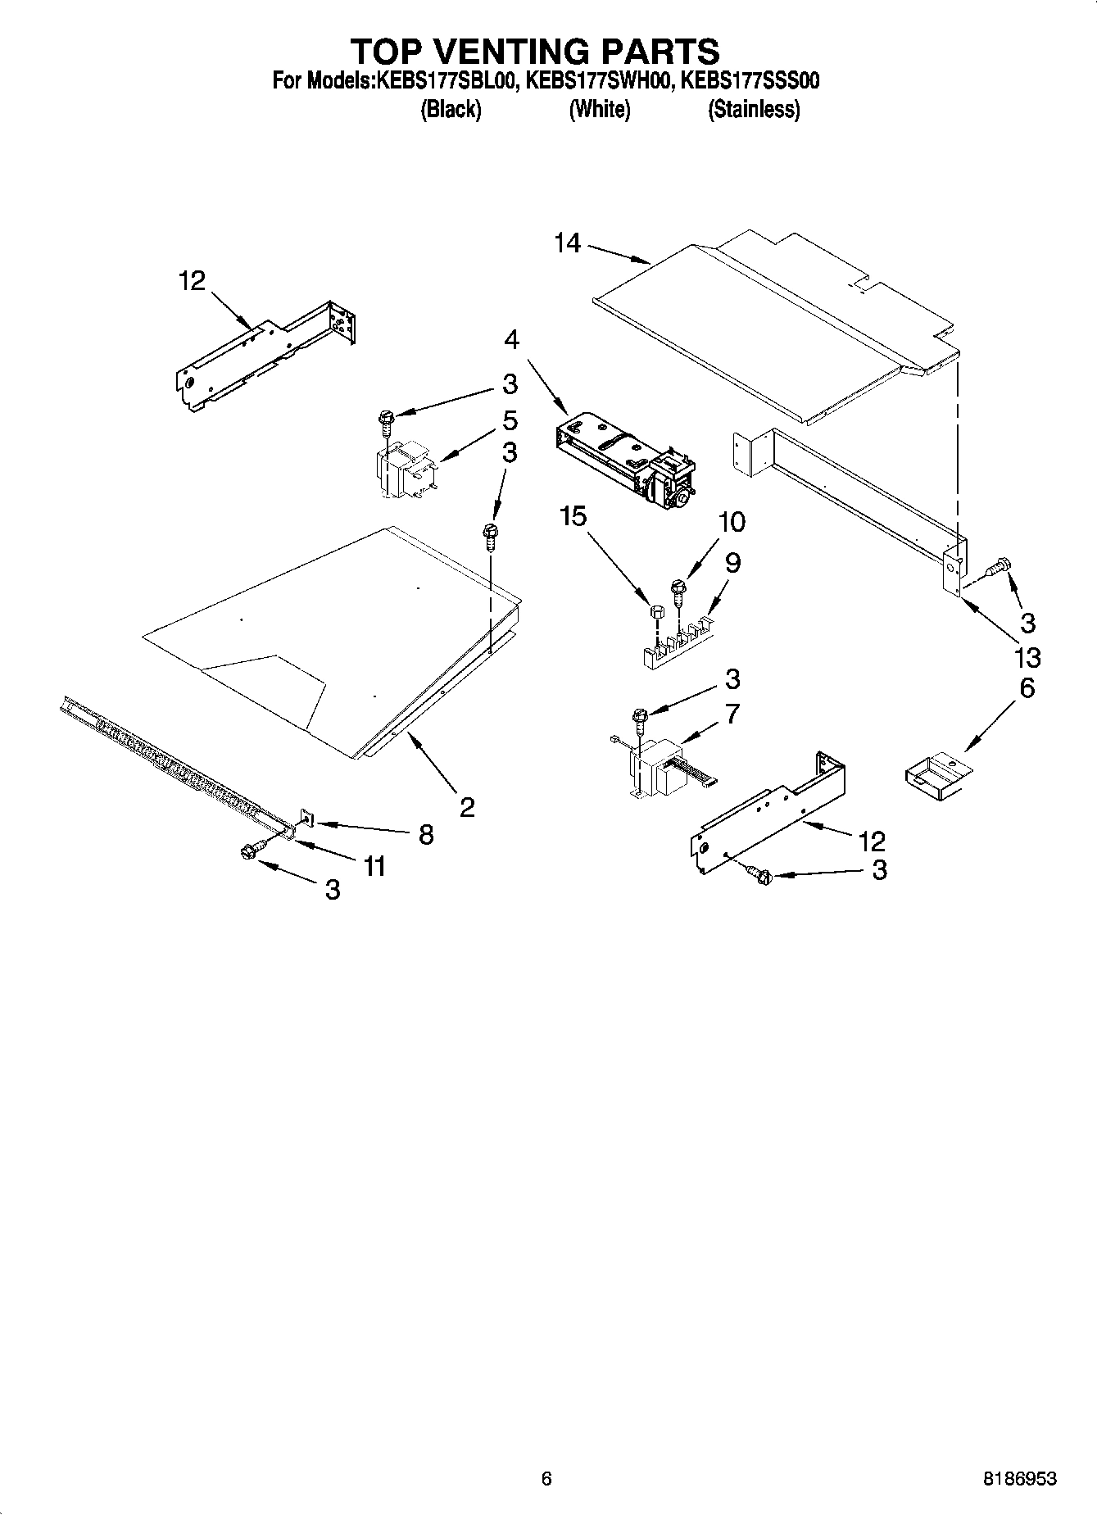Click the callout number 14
pos(567,243)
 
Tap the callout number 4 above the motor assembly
pos(511,339)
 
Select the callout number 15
pos(573,516)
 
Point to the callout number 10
pos(732,521)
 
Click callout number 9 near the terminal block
pos(732,563)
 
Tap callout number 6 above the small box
pos(1027,688)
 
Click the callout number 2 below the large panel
pos(467,808)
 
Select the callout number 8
pos(426,834)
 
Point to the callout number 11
pos(374,865)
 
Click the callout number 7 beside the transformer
pos(732,714)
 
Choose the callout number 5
pos(510,421)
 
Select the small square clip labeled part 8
pos(307,818)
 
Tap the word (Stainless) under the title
pos(754,109)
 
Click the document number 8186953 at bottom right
pos(1020,1479)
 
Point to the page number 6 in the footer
pos(546,1479)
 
